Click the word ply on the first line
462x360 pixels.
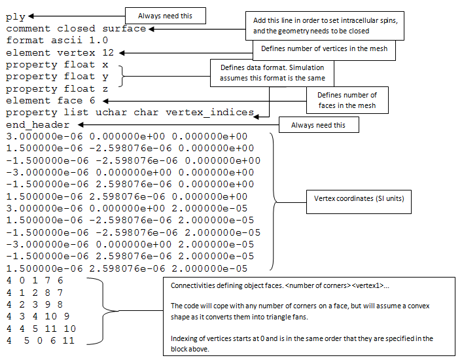pyautogui.click(x=15, y=17)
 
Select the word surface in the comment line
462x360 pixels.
pyautogui.click(x=124, y=29)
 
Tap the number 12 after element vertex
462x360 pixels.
pyautogui.click(x=108, y=52)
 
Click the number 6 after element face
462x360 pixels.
pyautogui.click(x=92, y=100)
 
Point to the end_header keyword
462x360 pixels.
pyautogui.click(x=38, y=124)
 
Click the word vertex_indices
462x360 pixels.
pyautogui.click(x=210, y=113)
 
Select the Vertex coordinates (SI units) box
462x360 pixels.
pyautogui.click(x=359, y=202)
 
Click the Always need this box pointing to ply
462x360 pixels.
pyautogui.click(x=166, y=16)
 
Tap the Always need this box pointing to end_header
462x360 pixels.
pyautogui.click(x=319, y=125)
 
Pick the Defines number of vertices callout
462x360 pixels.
pyautogui.click(x=324, y=50)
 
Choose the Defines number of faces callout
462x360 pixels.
pyautogui.click(x=347, y=100)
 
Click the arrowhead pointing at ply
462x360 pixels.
pyautogui.click(x=31, y=16)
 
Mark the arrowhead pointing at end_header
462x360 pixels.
pyautogui.click(x=81, y=125)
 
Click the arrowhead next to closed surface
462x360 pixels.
pyautogui.click(x=151, y=29)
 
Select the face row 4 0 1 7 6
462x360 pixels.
pyautogui.click(x=35, y=280)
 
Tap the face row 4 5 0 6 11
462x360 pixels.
pyautogui.click(x=41, y=340)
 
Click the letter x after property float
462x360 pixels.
pyautogui.click(x=105, y=65)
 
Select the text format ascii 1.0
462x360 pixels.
pyautogui.click(x=57, y=41)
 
